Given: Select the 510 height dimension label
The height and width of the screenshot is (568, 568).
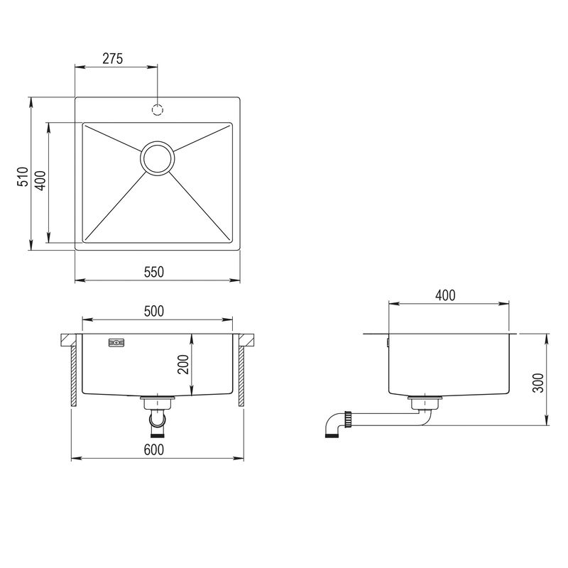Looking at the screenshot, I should click(23, 177).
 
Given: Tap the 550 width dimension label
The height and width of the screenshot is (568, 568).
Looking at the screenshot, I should click(155, 271).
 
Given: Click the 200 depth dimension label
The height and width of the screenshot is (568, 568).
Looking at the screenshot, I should click(182, 365).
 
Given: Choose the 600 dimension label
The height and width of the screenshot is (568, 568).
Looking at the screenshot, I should click(155, 449).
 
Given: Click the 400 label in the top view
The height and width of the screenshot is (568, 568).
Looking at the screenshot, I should click(40, 181).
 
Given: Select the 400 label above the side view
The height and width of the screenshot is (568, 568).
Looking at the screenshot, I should click(444, 295).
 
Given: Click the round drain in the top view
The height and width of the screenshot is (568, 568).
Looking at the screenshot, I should click(158, 158).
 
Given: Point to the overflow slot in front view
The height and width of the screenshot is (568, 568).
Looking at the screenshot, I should click(116, 343).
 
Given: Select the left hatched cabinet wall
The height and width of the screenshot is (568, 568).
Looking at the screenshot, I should click(72, 376).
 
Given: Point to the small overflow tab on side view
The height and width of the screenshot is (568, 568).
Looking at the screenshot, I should click(388, 343).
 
